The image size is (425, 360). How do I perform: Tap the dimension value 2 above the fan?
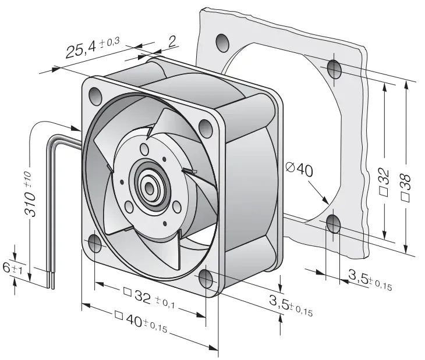pos(172,42)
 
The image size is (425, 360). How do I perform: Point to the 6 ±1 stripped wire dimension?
pos(12,269)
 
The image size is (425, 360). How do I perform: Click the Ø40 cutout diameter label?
pos(299,170)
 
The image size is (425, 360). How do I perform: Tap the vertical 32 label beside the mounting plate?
pos(384,183)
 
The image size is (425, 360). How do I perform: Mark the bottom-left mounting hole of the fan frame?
pos(95,243)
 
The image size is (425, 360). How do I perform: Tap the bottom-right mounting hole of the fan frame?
pos(206,279)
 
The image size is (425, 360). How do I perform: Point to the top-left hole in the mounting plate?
pos(222,43)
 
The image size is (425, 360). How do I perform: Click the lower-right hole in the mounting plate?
pos(333,224)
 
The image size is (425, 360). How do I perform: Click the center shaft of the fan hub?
pos(149,187)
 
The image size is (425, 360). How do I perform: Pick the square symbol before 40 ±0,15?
pos(119,315)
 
